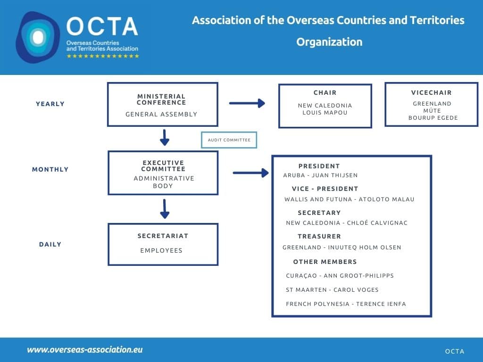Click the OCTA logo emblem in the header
point(38,37)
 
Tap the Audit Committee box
point(229,140)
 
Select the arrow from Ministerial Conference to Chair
point(247,103)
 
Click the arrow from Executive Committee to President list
point(250,173)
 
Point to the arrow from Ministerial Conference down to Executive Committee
point(165,137)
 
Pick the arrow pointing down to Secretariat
point(165,209)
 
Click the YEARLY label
point(50,104)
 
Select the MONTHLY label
point(50,169)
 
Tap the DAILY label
point(50,244)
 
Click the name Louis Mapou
point(325,113)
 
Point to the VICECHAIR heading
point(432,93)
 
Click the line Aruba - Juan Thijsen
point(320,175)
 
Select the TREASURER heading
point(319,237)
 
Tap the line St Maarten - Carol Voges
point(332,290)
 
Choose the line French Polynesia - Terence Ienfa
point(346,304)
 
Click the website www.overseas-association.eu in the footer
point(85,350)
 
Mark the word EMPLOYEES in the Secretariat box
point(161,251)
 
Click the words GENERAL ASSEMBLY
point(161,114)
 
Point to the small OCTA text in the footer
point(455,351)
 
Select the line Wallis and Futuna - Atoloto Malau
point(350,199)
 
